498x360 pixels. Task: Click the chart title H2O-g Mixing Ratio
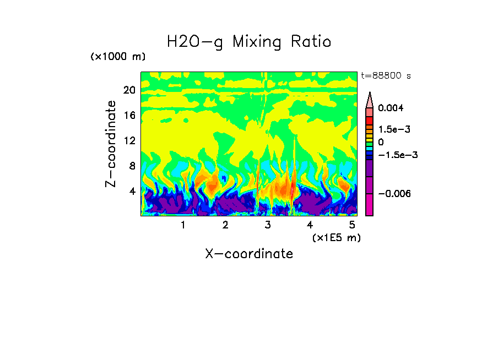[249, 42]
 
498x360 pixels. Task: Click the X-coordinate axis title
[249, 254]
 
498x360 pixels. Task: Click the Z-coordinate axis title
[111, 144]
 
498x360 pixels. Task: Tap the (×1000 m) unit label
[118, 57]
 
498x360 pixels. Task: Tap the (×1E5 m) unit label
[336, 237]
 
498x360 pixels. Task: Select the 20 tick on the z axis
[129, 90]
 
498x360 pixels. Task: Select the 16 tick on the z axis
[129, 116]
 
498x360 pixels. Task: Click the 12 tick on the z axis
[129, 141]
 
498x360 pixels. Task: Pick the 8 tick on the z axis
[132, 166]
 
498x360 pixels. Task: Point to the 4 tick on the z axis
[132, 192]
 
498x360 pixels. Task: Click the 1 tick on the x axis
[183, 225]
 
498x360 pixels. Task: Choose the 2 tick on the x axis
[225, 225]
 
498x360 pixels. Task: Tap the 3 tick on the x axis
[268, 225]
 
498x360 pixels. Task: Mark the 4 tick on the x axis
[310, 225]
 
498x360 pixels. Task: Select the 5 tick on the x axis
[353, 225]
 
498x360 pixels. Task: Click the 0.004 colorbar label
[391, 108]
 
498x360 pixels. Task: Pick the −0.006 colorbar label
[395, 194]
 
